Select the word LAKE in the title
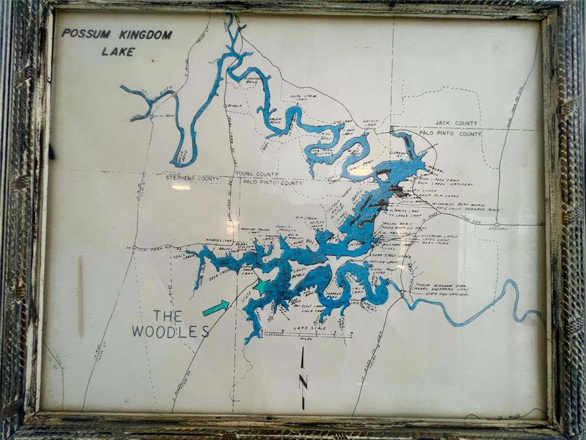pos(118,52)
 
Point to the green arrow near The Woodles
pos(216,308)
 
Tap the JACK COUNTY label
pos(456,123)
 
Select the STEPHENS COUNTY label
pos(192,178)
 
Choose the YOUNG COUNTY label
pos(256,174)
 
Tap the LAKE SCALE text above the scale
pos(309,328)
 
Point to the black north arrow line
pos(303,378)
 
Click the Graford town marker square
pos(497,225)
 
